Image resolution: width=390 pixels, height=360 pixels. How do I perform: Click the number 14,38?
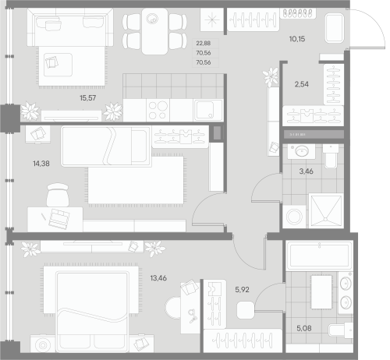tap(38, 163)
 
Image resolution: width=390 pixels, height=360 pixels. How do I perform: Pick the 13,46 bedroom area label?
tap(158, 277)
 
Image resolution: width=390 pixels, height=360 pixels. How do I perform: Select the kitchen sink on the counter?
tap(207, 108)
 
